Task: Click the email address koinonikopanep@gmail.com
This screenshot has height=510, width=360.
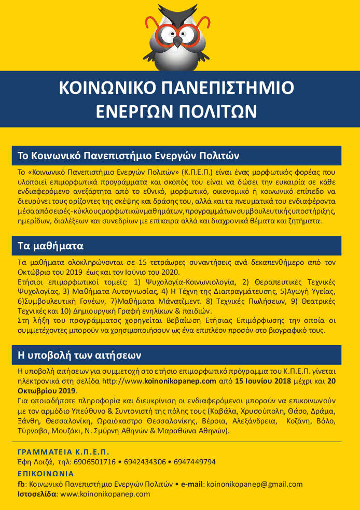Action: tap(254, 484)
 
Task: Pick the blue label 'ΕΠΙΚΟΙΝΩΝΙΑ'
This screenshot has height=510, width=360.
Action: tap(46, 474)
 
